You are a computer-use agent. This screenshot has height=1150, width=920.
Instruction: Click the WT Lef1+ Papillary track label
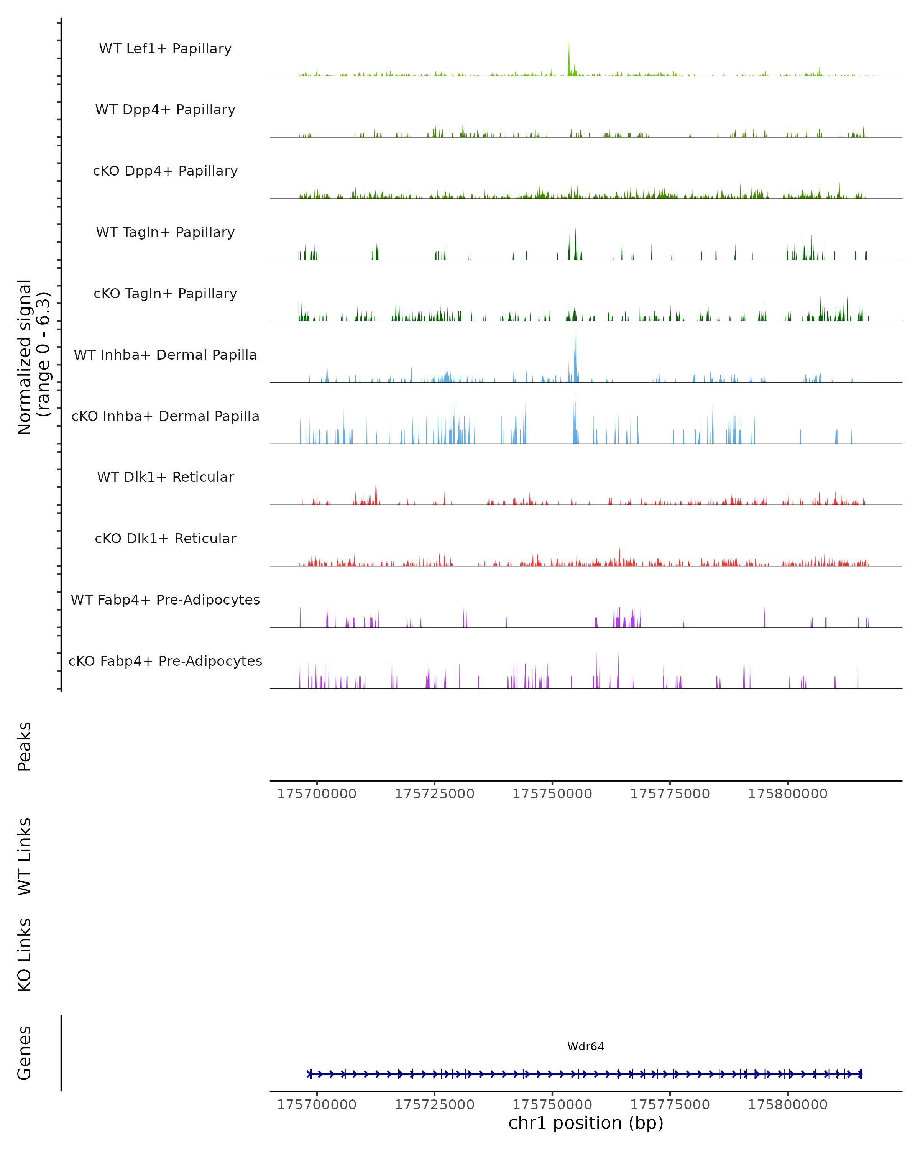(165, 49)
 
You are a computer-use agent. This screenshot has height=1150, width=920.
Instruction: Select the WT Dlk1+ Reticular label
(165, 477)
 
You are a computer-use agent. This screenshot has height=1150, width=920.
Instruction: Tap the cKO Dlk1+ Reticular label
(165, 538)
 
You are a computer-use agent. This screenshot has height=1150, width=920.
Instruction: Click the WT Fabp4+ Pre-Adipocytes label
(165, 600)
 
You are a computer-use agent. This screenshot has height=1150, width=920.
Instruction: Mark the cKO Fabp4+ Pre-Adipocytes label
(165, 661)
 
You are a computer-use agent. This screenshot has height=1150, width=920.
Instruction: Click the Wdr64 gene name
(586, 1046)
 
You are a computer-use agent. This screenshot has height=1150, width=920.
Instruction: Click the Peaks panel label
(25, 746)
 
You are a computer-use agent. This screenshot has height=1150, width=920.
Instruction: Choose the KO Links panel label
(25, 955)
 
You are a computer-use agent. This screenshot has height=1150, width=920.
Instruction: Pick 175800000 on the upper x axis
(787, 794)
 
